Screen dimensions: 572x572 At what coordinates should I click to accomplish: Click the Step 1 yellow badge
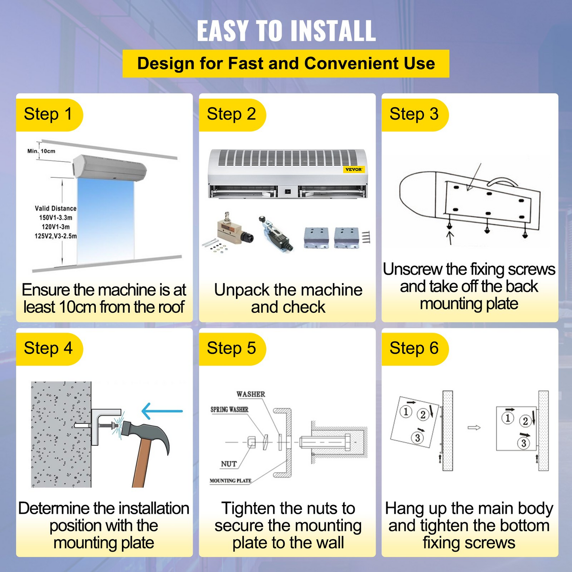click(49, 115)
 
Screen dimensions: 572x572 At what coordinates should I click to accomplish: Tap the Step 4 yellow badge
click(49, 349)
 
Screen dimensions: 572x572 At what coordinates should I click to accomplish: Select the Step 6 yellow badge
click(415, 349)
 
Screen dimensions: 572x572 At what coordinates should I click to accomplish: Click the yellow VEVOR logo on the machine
click(353, 169)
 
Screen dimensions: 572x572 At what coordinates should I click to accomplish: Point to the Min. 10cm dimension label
click(41, 151)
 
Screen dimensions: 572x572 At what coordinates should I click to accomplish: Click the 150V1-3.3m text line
click(55, 218)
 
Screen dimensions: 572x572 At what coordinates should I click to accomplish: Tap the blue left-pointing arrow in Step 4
click(162, 411)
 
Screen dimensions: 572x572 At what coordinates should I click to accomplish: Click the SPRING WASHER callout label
click(229, 410)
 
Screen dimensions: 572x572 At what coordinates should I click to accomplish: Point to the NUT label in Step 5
click(228, 464)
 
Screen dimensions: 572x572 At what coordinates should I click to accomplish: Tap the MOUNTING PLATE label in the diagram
click(230, 481)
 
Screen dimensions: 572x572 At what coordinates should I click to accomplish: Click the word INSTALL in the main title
click(333, 30)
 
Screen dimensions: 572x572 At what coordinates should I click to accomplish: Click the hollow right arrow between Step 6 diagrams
click(474, 428)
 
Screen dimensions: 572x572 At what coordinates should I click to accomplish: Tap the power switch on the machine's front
click(288, 192)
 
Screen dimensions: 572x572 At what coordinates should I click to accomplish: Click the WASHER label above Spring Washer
click(251, 394)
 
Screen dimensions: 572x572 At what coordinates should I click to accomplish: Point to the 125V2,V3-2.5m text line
click(55, 236)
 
